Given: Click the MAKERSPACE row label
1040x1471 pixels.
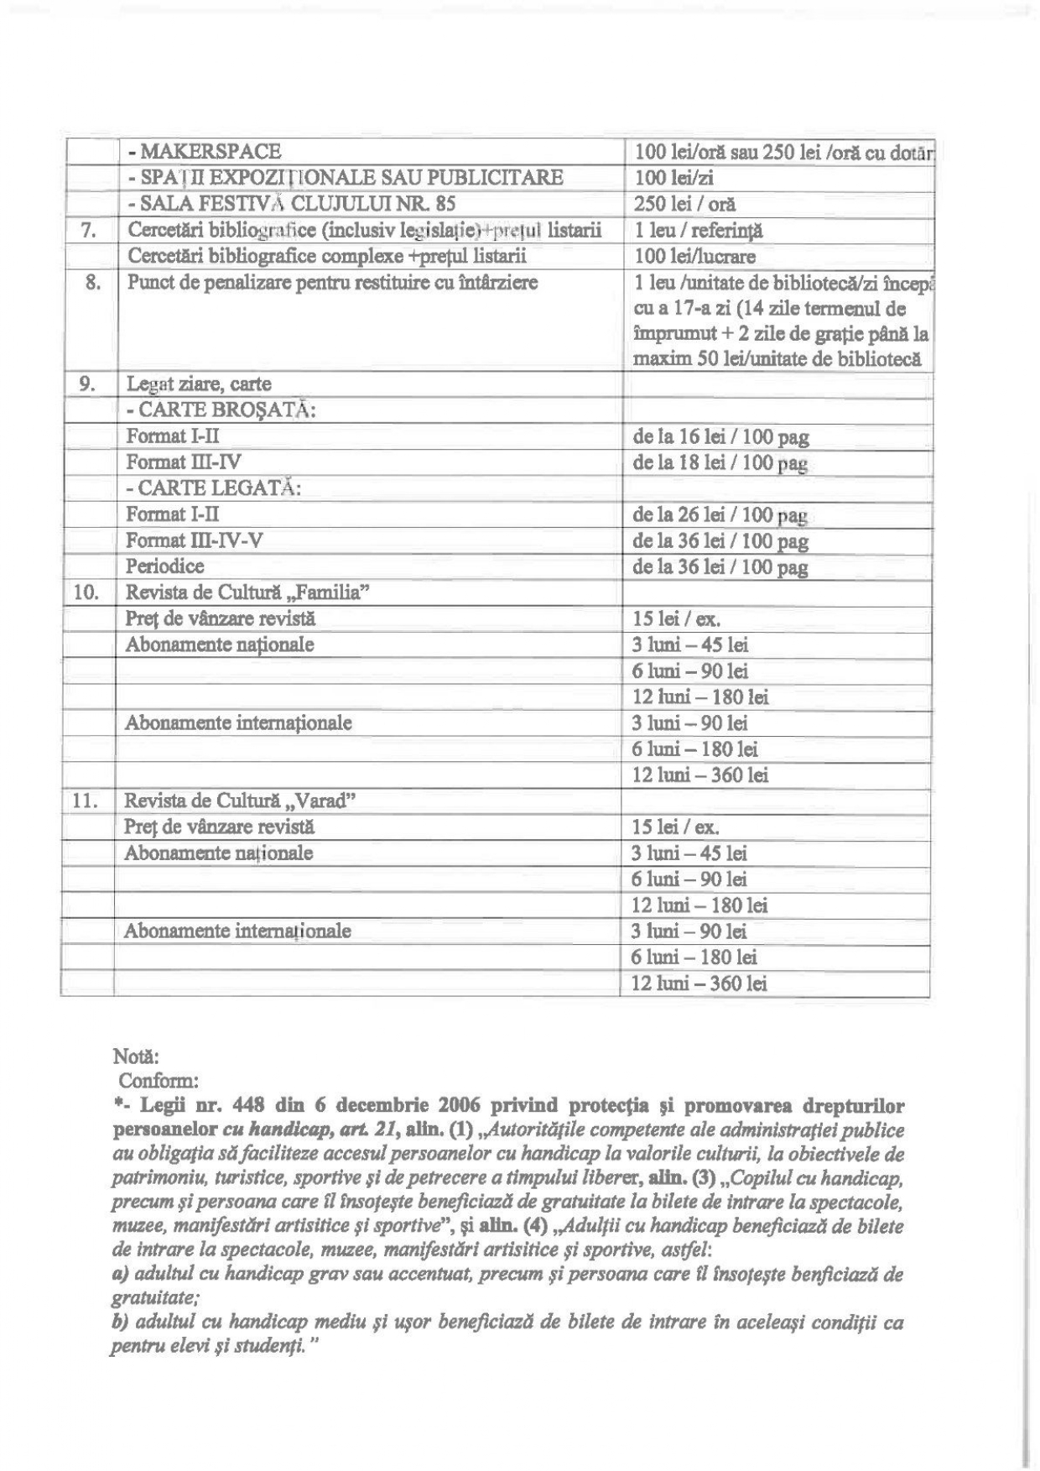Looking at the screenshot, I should [x=204, y=152].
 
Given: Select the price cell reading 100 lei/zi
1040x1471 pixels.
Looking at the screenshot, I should [x=673, y=178].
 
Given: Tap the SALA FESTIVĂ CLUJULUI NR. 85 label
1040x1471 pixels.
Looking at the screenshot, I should [x=292, y=204].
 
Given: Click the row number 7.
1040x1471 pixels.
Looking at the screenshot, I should [x=90, y=230].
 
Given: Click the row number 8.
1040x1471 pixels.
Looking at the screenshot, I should [x=91, y=283].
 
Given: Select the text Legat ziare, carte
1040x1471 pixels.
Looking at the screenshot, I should [x=199, y=384].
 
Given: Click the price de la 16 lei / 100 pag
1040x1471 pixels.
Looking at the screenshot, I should [x=720, y=436].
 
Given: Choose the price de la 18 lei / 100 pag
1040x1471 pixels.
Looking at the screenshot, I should [x=720, y=462].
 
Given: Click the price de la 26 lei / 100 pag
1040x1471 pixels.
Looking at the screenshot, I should [x=720, y=514].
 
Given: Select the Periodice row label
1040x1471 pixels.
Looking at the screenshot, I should [x=165, y=566].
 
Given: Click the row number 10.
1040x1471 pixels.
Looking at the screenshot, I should [x=86, y=592].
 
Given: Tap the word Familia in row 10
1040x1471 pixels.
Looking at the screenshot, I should [x=330, y=592].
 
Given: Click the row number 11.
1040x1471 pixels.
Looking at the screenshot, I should [x=86, y=801].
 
